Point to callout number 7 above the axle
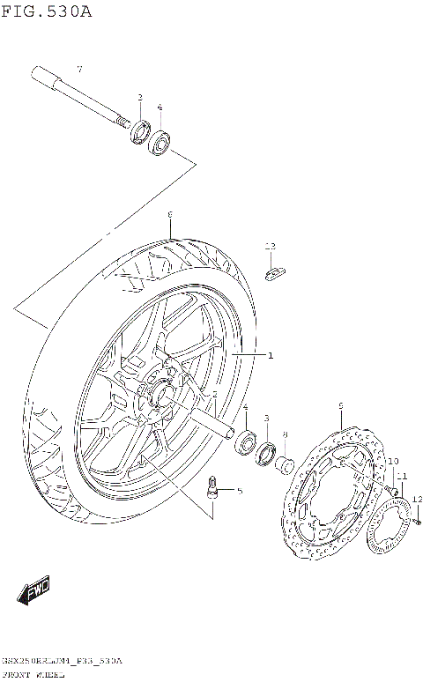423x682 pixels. click(78, 70)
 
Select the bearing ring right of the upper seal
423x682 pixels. click(160, 142)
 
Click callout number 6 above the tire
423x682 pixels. click(169, 214)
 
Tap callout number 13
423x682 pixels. click(271, 246)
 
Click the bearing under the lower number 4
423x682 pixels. click(246, 441)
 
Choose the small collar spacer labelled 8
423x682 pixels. click(284, 463)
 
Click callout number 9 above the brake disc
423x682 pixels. click(340, 405)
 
